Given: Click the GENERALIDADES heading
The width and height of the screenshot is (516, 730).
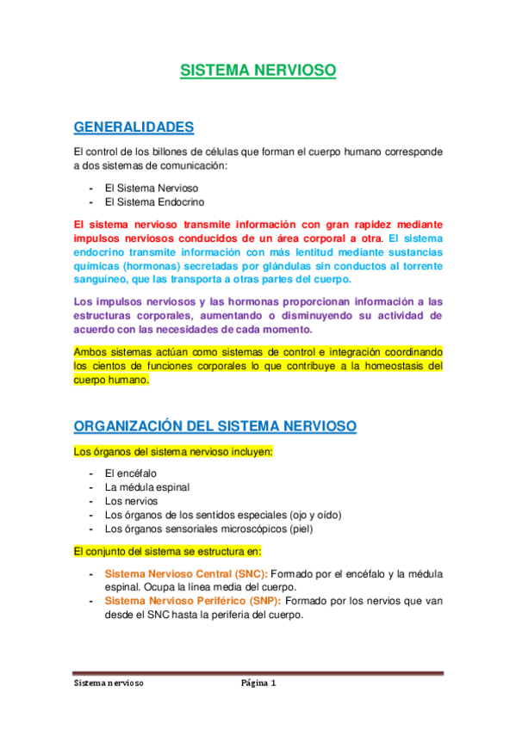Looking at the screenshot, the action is (x=134, y=127).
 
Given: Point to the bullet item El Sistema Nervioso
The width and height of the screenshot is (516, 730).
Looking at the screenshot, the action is (x=152, y=188).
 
